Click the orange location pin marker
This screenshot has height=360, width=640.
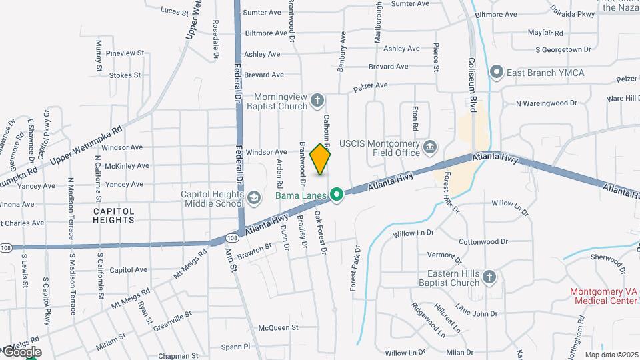coord(321,159)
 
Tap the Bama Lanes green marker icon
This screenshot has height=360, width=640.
coord(337,195)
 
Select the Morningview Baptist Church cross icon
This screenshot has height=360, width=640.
coord(318,101)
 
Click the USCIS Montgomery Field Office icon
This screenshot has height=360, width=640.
coord(430,146)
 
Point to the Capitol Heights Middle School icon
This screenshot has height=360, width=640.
coord(253,197)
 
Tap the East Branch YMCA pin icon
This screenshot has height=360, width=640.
coord(495,72)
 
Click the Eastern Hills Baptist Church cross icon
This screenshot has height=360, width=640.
coord(489,277)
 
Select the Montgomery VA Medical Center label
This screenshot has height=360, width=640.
coord(603,296)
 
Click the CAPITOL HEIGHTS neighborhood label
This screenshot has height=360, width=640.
coord(113,215)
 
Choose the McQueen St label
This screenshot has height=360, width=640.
coord(278,327)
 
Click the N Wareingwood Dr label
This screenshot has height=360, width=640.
coord(546,103)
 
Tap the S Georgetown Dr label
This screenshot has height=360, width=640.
coord(563,49)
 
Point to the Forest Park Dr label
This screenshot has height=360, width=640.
coord(355,268)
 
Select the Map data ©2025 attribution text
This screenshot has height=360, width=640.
coord(611,355)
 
